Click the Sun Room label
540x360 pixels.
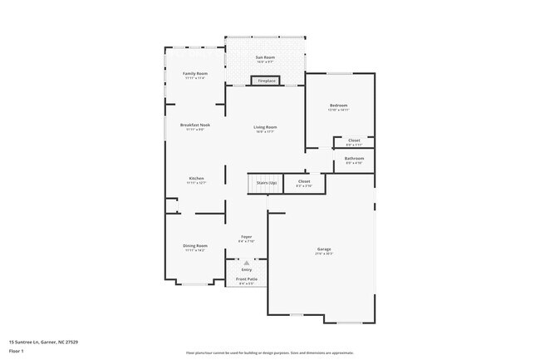coord(265,57)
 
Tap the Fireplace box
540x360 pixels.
coord(266,81)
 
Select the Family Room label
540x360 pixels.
coord(195,74)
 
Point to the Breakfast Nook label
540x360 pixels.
coord(195,125)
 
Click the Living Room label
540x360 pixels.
coord(265,127)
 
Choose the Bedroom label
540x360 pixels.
coord(338,106)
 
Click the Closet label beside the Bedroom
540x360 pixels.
coord(354,141)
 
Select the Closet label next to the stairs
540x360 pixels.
coord(304,181)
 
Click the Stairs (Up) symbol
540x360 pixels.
coord(266,182)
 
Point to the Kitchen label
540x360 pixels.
coord(196,179)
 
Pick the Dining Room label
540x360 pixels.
coord(195,246)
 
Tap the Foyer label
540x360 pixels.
coord(247,238)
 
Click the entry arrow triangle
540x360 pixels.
coord(247,262)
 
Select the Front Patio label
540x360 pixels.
coord(247,279)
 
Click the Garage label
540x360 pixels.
coord(324,249)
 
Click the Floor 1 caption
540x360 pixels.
coord(17,351)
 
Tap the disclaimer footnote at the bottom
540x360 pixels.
coord(269,353)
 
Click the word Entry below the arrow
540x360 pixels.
coord(247,269)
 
